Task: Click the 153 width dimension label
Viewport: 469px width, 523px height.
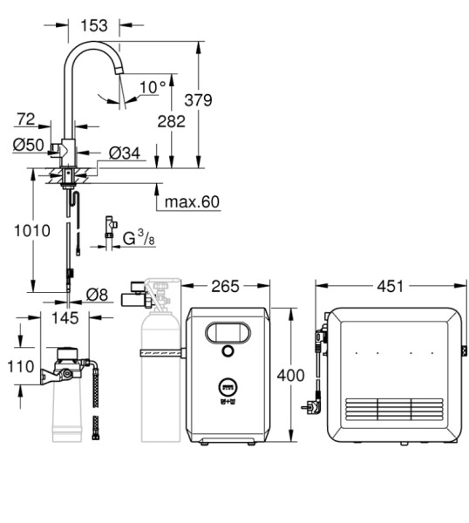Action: (94, 25)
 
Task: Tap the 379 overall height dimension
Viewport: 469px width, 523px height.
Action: (198, 100)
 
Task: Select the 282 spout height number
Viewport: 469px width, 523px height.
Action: (171, 121)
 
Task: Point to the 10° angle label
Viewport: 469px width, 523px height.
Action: (153, 87)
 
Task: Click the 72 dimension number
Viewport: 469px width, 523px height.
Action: (26, 119)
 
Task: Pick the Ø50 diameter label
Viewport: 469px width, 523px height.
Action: (29, 145)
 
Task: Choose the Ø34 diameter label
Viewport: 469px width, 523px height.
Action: (125, 153)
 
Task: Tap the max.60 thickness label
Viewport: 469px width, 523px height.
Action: (192, 202)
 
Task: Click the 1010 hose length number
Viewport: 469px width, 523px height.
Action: (32, 231)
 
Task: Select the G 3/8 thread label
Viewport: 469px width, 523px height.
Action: (139, 238)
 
